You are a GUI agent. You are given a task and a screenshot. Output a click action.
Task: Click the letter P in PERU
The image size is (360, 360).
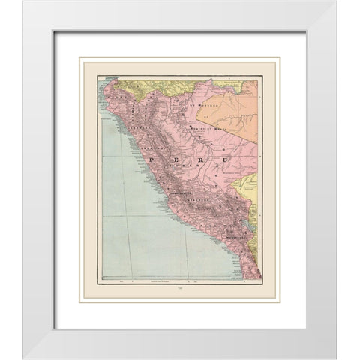click(x=155, y=159)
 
